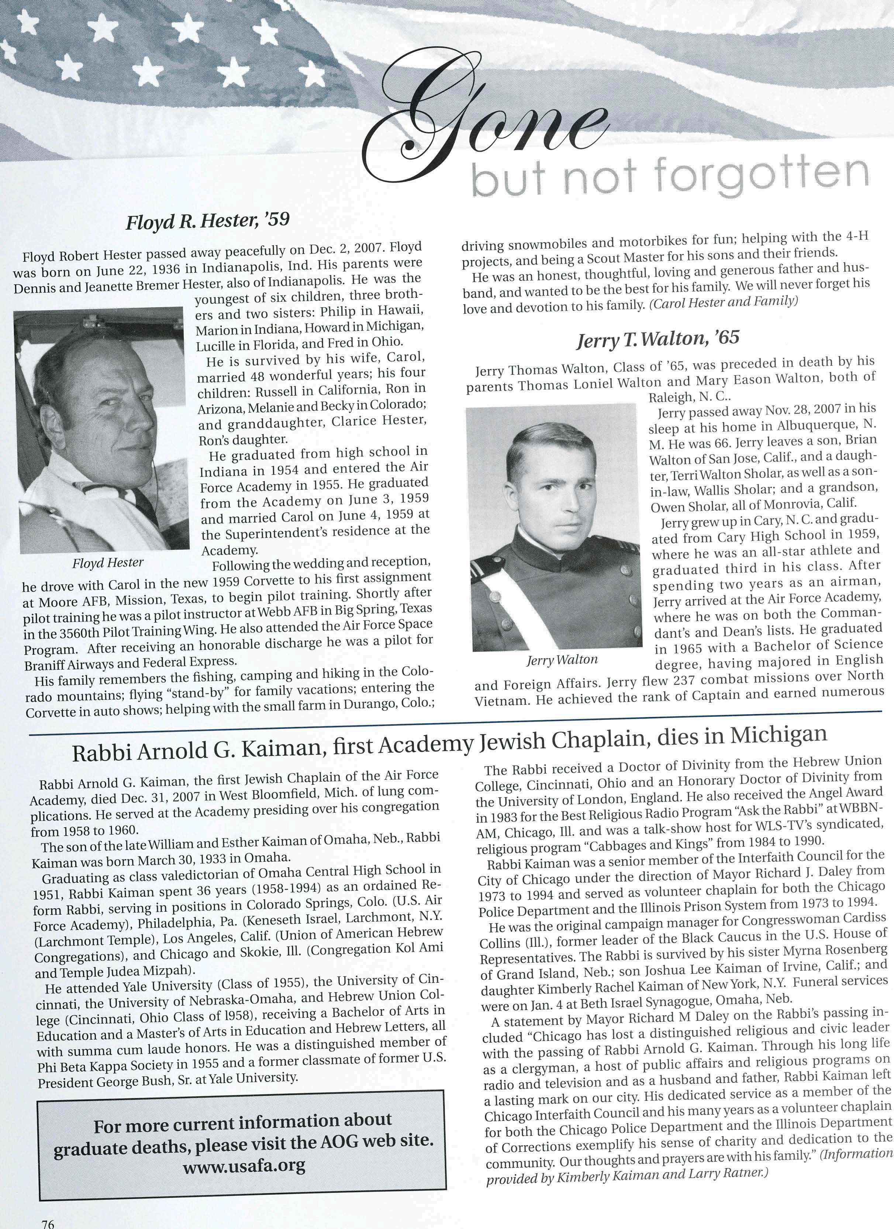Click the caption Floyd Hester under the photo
[x=108, y=563]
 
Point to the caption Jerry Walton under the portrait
[x=562, y=659]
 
